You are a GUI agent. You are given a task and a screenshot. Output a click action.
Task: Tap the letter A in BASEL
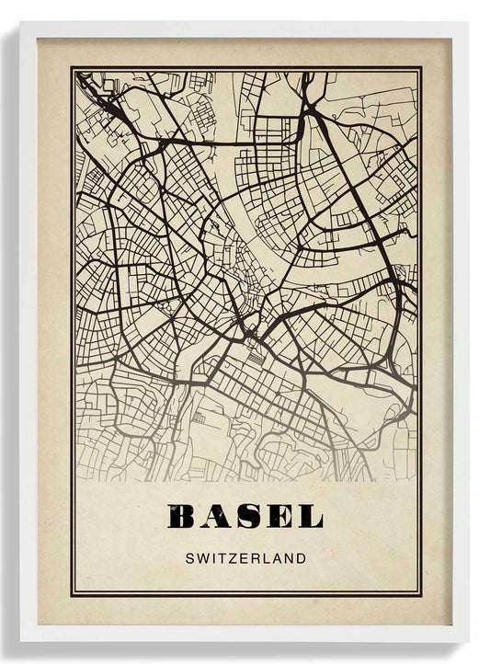pyautogui.click(x=212, y=517)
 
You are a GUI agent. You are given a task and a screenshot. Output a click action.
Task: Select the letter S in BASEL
pyautogui.click(x=245, y=517)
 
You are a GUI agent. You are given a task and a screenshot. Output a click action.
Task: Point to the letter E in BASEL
pyautogui.click(x=277, y=517)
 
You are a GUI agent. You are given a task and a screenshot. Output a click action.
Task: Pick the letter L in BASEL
pyautogui.click(x=308, y=517)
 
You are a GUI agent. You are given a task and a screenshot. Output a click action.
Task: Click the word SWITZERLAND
pyautogui.click(x=245, y=557)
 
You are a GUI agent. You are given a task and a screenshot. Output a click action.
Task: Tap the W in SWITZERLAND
pyautogui.click(x=200, y=557)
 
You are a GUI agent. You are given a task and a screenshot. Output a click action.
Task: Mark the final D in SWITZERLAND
pyautogui.click(x=302, y=557)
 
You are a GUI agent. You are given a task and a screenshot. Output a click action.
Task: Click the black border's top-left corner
pyautogui.click(x=72, y=67)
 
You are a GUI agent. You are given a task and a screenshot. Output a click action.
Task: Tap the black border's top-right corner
pyautogui.click(x=421, y=67)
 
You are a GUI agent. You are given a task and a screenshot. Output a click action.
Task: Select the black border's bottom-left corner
pyautogui.click(x=72, y=595)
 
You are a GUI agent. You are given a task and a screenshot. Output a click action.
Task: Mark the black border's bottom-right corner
pyautogui.click(x=421, y=595)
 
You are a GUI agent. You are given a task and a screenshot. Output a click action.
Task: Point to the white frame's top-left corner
pyautogui.click(x=21, y=23)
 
